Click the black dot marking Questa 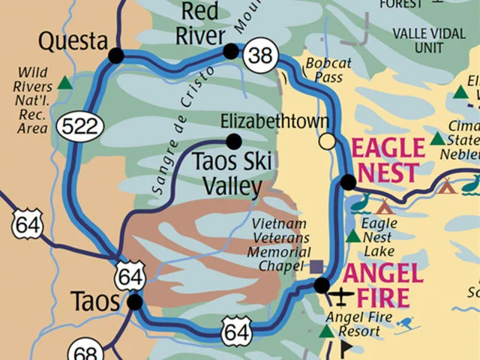116,55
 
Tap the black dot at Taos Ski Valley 234,141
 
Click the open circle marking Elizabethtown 327,141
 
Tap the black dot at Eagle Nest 348,181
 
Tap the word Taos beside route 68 95,301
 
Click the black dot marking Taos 135,302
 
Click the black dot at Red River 231,51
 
